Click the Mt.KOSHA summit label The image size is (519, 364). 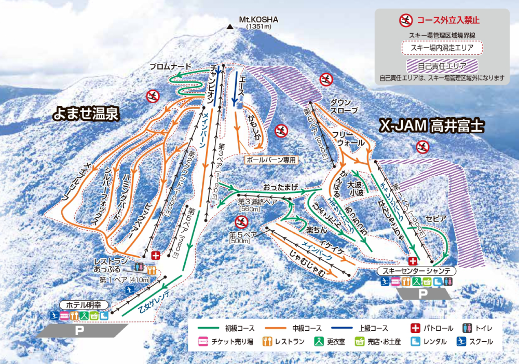click(x=258, y=22)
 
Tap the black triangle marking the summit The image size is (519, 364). click(x=230, y=27)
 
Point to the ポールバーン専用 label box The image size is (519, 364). click(x=271, y=160)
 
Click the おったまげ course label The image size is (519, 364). click(x=279, y=185)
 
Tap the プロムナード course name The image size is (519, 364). click(x=170, y=67)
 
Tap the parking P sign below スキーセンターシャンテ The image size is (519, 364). click(x=423, y=294)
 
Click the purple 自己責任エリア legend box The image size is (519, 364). click(x=442, y=66)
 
